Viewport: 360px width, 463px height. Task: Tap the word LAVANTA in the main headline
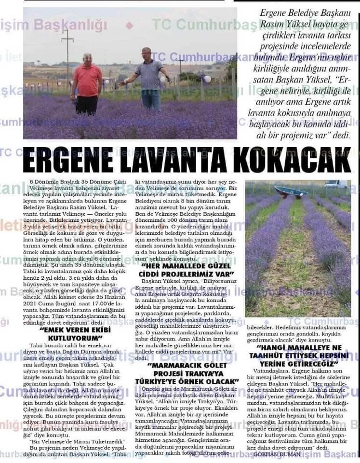[x=179, y=163]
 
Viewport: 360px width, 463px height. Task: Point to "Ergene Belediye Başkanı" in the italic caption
[x=302, y=13]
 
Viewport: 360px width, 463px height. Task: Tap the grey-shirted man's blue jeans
[x=151, y=100]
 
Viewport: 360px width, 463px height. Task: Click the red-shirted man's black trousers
[x=87, y=104]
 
